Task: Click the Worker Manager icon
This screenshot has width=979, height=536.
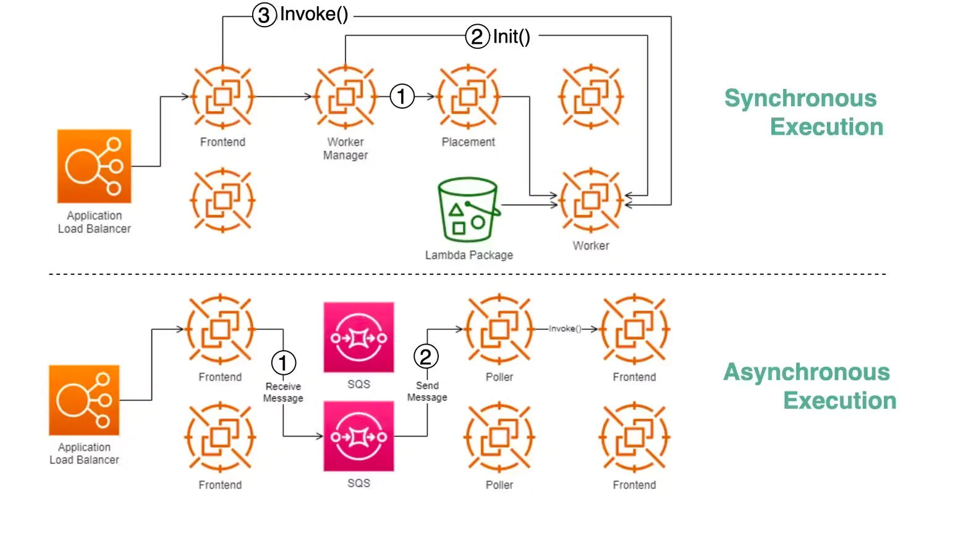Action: point(345,97)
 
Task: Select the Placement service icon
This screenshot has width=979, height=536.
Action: point(468,97)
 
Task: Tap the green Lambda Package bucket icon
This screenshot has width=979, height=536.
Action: point(468,209)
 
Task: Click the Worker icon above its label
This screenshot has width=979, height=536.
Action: point(591,200)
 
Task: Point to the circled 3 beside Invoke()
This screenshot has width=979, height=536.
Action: point(264,14)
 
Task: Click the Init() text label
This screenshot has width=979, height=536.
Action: point(511,36)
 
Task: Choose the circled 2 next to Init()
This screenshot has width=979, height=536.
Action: point(477,36)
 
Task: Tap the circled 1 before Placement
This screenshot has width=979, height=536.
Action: point(402,96)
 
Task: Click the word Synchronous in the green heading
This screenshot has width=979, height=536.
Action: point(800,98)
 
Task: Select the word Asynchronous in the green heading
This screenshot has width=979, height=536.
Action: point(807,372)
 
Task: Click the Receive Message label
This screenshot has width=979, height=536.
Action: point(283,392)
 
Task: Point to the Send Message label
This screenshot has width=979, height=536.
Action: point(427,391)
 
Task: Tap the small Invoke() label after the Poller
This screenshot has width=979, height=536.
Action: point(565,329)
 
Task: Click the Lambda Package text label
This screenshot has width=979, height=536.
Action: point(468,255)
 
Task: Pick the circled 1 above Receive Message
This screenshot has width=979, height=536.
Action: point(284,362)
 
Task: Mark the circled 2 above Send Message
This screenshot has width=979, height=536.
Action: point(426,356)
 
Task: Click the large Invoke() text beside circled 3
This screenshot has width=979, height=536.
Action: point(314,14)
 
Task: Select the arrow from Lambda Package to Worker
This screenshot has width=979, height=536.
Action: point(528,205)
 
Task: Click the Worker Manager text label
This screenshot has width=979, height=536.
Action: point(345,149)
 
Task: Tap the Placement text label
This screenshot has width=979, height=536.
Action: point(468,142)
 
